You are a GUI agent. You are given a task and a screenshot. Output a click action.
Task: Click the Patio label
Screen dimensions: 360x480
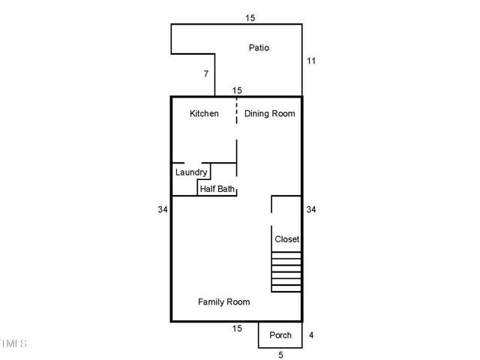coord(259,48)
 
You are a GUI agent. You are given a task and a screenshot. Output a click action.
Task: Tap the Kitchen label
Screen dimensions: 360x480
coord(204,114)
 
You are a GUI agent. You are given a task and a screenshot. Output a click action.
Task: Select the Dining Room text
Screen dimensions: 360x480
coord(269,114)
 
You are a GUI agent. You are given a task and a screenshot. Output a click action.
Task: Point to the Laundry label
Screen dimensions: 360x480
coord(191,172)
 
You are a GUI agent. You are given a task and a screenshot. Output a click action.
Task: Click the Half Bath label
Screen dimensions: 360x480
coord(217,188)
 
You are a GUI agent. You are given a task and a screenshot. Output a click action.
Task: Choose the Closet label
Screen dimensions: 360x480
coord(286,239)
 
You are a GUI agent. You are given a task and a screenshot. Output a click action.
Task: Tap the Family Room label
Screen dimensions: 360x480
coord(223,301)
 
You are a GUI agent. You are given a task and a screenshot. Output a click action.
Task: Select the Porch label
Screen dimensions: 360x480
coord(280,335)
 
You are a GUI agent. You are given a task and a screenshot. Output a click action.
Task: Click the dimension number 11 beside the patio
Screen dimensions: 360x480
coord(311,60)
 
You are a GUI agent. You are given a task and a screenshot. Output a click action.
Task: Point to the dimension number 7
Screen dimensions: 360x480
coord(205,73)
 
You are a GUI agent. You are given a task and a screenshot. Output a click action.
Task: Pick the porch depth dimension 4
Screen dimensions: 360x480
coord(311,335)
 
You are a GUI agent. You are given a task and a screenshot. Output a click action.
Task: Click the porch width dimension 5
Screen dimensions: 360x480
coord(280,355)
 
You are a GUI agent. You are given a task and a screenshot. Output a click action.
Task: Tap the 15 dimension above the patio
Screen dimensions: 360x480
coord(250,16)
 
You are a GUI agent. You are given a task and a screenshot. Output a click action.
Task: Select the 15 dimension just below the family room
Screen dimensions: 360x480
coord(237,328)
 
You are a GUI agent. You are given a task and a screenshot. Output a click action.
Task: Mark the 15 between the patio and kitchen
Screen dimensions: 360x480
coord(237,90)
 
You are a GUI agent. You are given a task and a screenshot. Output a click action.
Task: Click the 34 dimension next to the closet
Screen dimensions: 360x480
coord(311,210)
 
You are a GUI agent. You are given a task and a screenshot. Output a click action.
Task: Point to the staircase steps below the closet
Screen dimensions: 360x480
coord(286,272)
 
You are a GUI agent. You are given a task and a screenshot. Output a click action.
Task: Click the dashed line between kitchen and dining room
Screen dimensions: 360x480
coord(237,112)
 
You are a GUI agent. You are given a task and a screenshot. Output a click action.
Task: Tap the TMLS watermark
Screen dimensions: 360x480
coord(13,343)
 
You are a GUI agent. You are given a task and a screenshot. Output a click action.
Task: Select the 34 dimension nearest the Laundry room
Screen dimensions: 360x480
coord(162,210)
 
